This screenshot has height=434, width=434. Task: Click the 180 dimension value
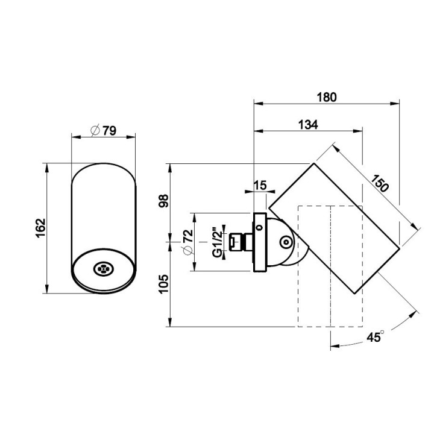(327, 97)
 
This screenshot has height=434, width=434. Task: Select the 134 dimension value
(308, 125)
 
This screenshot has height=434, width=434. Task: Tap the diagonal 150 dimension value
(380, 183)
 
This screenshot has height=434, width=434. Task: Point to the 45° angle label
(376, 337)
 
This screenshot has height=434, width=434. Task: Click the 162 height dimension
(41, 228)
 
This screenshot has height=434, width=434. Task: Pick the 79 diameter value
(110, 131)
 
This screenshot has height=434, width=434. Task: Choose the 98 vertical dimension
(163, 201)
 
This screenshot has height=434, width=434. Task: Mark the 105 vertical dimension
(163, 284)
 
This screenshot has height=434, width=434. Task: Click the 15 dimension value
(260, 185)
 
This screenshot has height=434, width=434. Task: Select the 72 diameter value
(189, 236)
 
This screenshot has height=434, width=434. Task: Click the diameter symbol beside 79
(95, 130)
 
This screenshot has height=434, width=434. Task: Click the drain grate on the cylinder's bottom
(103, 269)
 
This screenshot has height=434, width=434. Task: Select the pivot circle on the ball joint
(286, 243)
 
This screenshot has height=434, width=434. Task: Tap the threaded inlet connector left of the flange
(241, 242)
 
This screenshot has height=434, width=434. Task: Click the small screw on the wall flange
(259, 228)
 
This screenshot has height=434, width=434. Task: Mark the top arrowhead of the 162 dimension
(47, 168)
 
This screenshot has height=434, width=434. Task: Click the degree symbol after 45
(382, 332)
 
